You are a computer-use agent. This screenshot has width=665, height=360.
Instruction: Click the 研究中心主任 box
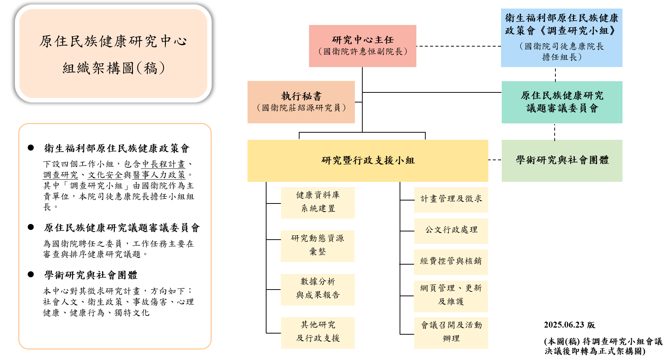362,46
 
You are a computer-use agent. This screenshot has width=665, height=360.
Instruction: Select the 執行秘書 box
301,102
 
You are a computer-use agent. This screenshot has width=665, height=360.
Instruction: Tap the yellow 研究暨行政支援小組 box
368,161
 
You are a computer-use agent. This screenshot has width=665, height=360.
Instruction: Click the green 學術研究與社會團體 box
562,161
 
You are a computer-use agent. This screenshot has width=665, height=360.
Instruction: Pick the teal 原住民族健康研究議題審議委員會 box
562,102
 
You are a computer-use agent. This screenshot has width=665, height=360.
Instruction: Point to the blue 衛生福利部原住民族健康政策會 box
562,38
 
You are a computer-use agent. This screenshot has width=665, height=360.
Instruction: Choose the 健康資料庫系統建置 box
318,203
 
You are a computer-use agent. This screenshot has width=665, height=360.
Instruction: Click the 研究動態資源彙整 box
318,246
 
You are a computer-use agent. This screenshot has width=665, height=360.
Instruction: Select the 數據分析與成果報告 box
318,290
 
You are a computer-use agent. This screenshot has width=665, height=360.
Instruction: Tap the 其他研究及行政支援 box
318,333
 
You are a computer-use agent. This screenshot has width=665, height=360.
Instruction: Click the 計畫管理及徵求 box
451,200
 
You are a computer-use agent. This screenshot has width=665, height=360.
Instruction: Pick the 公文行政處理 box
451,231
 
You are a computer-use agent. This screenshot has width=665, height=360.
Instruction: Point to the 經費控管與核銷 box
451,262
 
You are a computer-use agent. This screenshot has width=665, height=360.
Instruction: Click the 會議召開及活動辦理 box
451,333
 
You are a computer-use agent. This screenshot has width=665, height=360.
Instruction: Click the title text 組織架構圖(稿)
114,68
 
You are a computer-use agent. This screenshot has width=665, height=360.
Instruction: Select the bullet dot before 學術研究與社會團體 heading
31,274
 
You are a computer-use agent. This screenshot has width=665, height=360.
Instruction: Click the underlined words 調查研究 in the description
60,175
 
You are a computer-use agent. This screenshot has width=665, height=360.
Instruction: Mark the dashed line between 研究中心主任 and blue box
458,46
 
